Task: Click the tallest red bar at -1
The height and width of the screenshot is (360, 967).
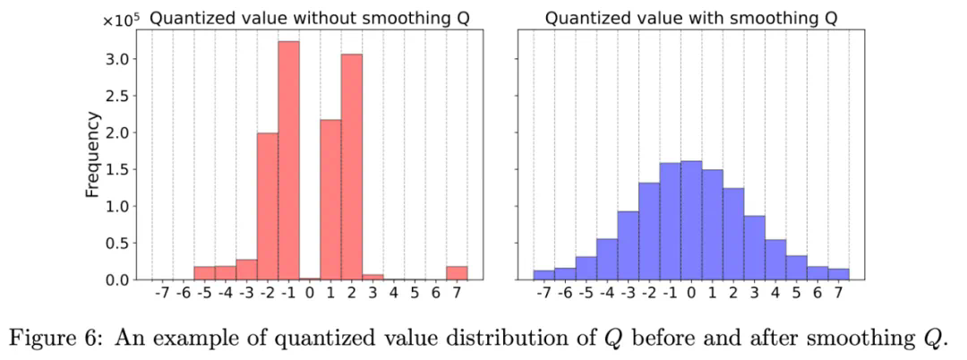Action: [288, 161]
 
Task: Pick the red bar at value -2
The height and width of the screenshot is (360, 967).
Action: [267, 207]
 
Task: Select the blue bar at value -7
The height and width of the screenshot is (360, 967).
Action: [543, 275]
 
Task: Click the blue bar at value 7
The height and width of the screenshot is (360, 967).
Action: [838, 274]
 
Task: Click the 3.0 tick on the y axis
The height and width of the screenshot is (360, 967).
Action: [122, 59]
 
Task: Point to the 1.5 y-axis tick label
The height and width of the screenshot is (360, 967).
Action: [122, 169]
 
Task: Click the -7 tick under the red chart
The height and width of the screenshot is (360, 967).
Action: [162, 293]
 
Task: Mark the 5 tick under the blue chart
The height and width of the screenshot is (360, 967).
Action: [796, 293]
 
